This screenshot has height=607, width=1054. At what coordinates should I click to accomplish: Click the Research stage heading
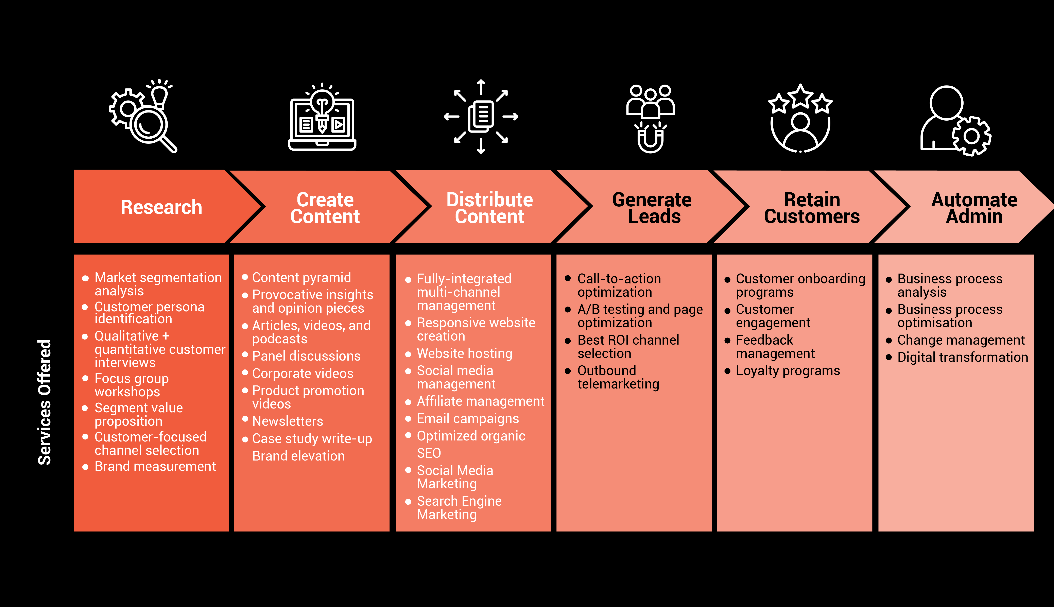tap(161, 207)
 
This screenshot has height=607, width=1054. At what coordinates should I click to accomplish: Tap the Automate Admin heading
tap(974, 208)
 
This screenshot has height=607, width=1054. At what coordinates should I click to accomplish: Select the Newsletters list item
tap(288, 421)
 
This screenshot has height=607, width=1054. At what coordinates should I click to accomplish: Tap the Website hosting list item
tap(464, 353)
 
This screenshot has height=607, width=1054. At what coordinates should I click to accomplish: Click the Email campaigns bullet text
tap(468, 419)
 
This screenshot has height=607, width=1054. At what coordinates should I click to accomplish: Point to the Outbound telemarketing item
tap(618, 377)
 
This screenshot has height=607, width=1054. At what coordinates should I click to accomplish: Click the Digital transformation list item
tap(963, 357)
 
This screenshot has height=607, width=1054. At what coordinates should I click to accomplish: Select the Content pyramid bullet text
tap(301, 278)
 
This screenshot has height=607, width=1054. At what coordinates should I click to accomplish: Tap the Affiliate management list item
tap(481, 401)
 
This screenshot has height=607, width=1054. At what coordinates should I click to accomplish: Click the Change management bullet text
tap(961, 340)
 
